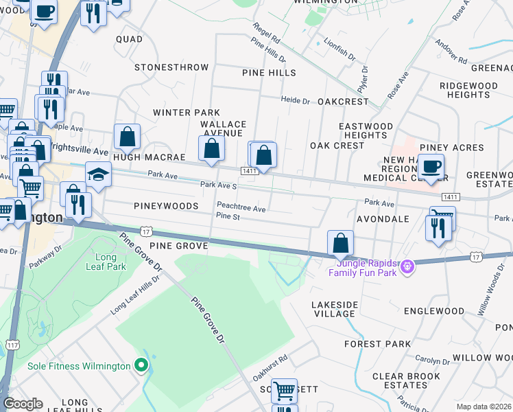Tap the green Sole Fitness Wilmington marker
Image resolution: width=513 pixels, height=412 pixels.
[x=141, y=365]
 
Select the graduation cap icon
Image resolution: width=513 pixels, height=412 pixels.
[x=98, y=175]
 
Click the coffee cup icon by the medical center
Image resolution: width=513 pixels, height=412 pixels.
[x=431, y=166]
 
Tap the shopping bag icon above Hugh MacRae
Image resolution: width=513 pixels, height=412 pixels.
[x=127, y=137]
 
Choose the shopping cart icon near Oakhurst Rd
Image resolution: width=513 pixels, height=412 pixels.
[x=284, y=391]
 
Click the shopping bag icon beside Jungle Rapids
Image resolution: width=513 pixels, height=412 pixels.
[x=340, y=242]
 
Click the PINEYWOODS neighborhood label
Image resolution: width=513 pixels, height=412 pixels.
[x=166, y=206]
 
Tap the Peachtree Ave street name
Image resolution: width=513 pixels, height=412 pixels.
[x=241, y=207]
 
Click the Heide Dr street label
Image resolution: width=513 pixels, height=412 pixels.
[x=296, y=100]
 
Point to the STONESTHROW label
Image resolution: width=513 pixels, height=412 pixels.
[x=171, y=67]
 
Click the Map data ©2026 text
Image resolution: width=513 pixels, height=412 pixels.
[x=484, y=407]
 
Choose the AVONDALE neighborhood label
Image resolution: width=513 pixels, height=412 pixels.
[x=383, y=219]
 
